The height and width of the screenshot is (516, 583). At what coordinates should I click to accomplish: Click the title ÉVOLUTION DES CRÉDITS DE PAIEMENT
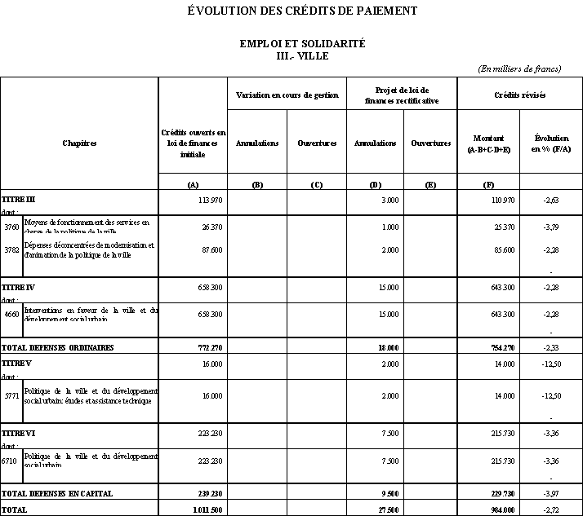(x=302, y=11)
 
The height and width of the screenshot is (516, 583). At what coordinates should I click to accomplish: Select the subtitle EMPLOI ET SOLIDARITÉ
(x=302, y=43)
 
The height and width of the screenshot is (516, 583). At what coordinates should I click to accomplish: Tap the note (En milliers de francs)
(x=519, y=68)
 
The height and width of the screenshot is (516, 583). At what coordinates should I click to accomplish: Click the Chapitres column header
(x=79, y=143)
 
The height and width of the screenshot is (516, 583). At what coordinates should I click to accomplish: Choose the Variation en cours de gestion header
(x=287, y=95)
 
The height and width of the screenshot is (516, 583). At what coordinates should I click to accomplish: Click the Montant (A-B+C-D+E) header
(x=489, y=144)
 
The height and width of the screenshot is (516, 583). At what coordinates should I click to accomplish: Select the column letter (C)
(x=317, y=184)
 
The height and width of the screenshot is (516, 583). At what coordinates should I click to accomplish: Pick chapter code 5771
(x=11, y=396)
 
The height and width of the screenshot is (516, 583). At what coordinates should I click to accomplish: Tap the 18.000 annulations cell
(x=388, y=347)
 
